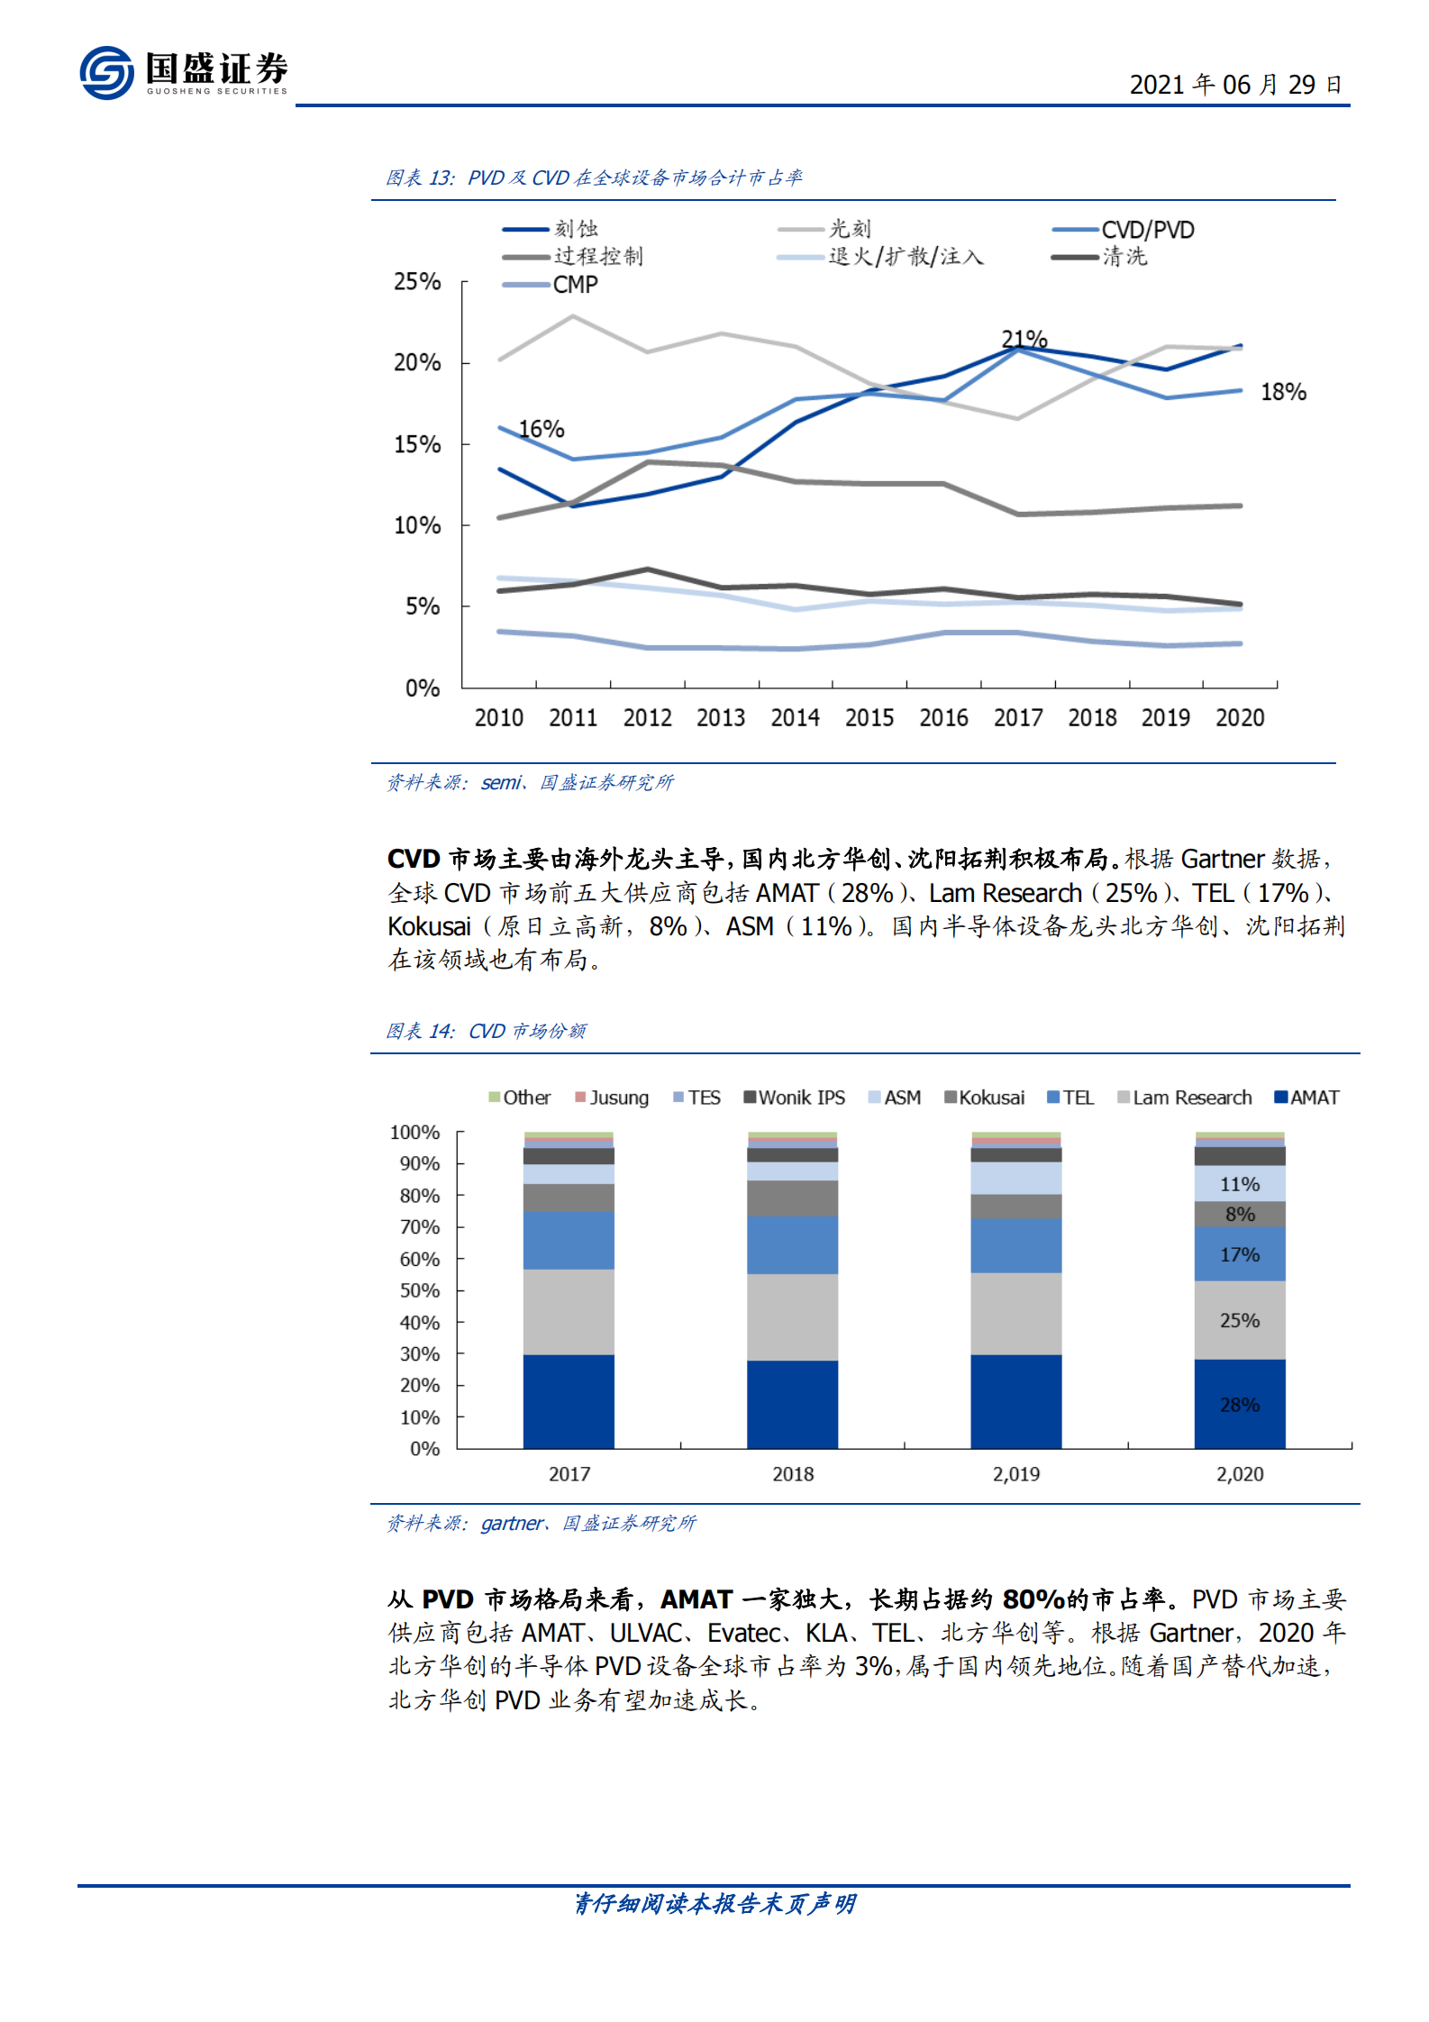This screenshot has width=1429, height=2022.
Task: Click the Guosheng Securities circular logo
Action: [106, 73]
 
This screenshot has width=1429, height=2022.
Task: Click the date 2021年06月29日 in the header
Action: [1234, 85]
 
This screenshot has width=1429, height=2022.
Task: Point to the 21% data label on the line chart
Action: [1024, 339]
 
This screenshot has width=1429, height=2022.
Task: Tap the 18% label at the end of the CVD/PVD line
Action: [1282, 392]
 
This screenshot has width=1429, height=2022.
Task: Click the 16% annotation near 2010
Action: [542, 429]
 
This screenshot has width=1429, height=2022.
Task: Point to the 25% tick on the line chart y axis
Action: [416, 282]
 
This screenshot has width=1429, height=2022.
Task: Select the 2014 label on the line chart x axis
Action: [795, 718]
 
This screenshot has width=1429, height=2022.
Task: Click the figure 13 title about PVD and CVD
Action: [595, 178]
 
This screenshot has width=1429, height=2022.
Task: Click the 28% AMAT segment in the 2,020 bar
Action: [1239, 1405]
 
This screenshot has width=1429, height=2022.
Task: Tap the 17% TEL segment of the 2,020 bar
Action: [1239, 1254]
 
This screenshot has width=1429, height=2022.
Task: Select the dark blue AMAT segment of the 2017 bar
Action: [569, 1401]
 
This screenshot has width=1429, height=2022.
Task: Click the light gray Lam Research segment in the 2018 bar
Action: [792, 1316]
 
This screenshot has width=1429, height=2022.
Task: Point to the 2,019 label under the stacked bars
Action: [1015, 1474]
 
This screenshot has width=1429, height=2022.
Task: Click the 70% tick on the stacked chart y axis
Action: [419, 1227]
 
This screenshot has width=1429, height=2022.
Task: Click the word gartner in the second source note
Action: [512, 1523]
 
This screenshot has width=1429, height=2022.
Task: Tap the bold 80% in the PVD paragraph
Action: [1033, 1599]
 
